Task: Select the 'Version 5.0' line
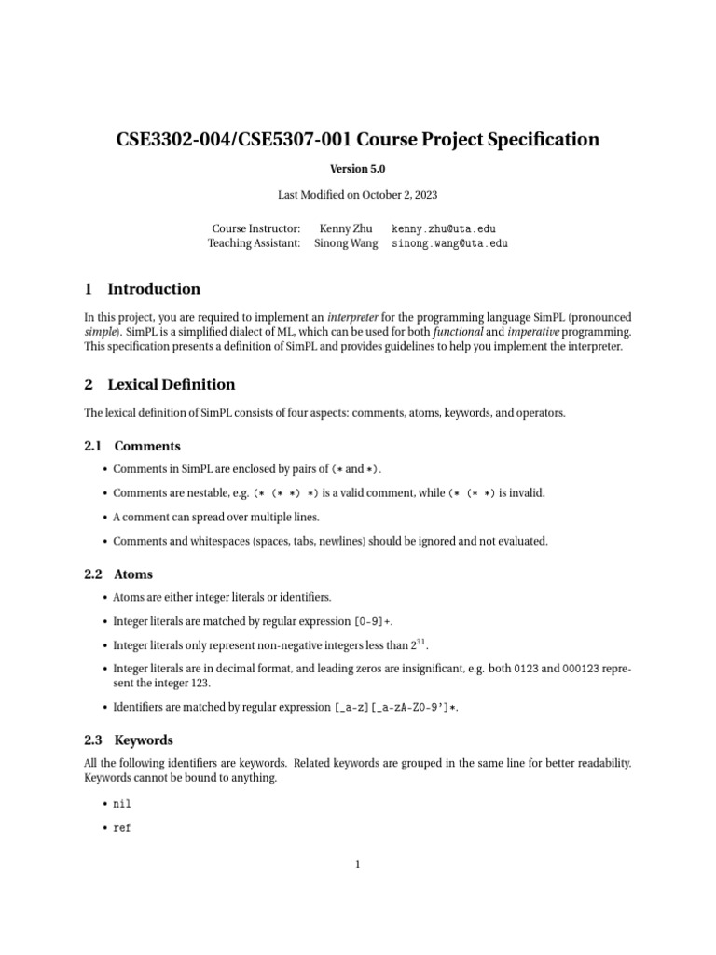tap(357, 169)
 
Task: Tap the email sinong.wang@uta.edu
tap(450, 243)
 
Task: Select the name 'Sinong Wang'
tap(347, 243)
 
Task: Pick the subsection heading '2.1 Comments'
tap(132, 446)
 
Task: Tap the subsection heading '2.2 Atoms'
tap(118, 574)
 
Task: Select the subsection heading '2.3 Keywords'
tap(129, 740)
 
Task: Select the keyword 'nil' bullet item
tap(122, 803)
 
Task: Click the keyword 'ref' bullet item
tap(122, 827)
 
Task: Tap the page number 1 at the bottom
tap(357, 865)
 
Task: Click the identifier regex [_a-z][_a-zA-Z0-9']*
tap(396, 708)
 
